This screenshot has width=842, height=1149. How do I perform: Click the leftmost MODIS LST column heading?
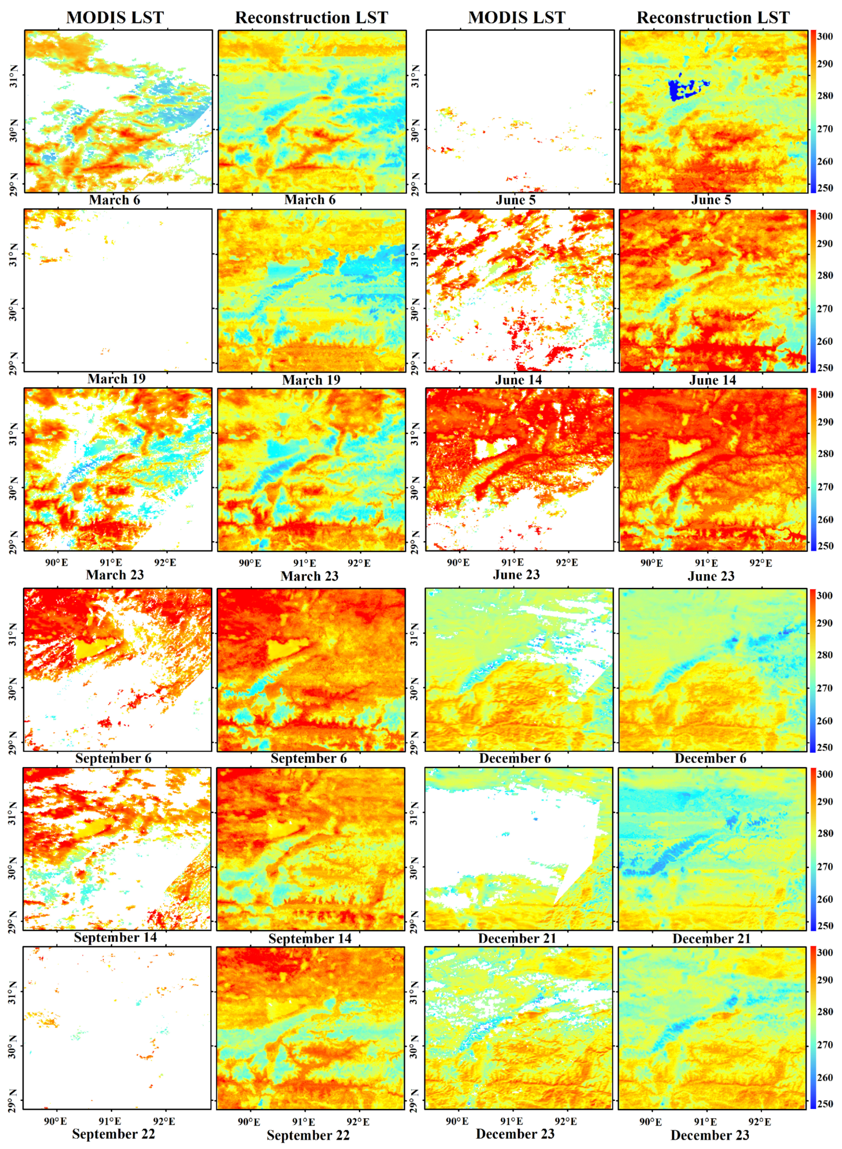tap(115, 17)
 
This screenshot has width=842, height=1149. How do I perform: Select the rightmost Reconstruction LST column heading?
tap(713, 17)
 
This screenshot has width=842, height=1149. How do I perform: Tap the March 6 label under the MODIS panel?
tap(114, 200)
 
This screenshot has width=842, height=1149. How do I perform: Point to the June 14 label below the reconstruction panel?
tap(712, 380)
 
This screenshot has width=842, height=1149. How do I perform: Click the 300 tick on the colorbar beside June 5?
tap(825, 36)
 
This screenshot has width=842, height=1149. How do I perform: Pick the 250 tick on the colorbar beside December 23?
tap(825, 1104)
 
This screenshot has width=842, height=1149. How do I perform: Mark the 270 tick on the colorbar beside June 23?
tap(825, 487)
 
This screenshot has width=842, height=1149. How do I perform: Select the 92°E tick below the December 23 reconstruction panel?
tap(760, 1121)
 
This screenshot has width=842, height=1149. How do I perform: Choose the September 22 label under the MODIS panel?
tap(113, 1134)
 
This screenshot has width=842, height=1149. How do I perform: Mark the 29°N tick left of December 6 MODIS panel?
tap(416, 742)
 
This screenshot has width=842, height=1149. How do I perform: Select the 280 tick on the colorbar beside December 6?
tap(825, 655)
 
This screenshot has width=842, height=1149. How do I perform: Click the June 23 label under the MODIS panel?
tap(516, 575)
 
